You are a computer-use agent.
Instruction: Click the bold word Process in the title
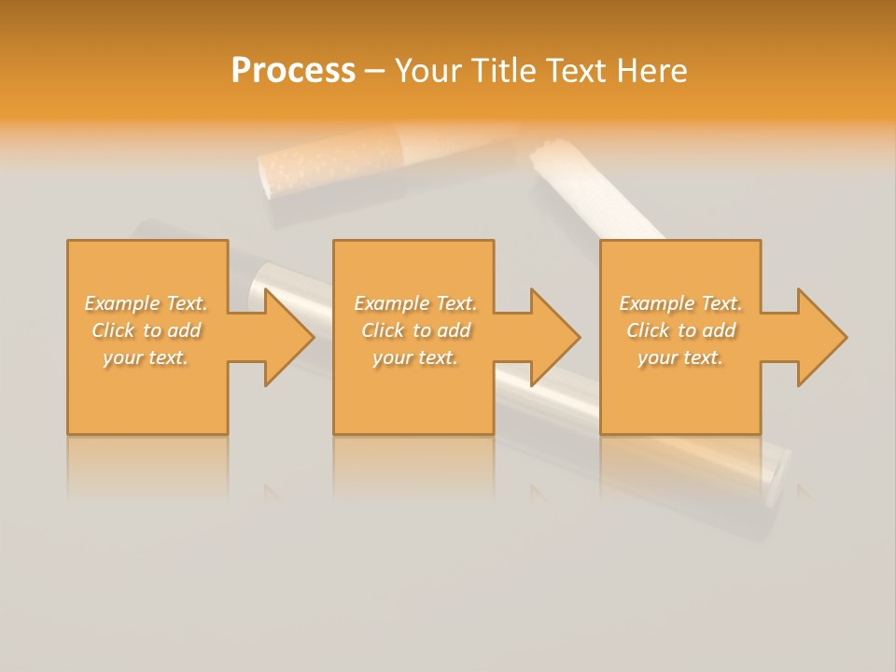pyautogui.click(x=293, y=71)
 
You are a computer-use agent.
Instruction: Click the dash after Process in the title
pyautogui.click(x=375, y=72)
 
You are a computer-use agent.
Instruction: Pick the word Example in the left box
pyautogui.click(x=121, y=303)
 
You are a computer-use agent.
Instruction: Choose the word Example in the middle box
pyautogui.click(x=391, y=303)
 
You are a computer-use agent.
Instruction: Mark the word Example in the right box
pyautogui.click(x=656, y=303)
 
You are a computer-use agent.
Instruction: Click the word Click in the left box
pyautogui.click(x=113, y=330)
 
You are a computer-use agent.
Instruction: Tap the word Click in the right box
pyautogui.click(x=648, y=330)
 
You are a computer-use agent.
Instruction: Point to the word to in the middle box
pyautogui.click(x=422, y=330)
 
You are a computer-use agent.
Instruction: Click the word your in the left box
pyautogui.click(x=121, y=357)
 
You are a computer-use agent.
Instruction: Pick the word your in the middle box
pyautogui.click(x=391, y=357)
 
